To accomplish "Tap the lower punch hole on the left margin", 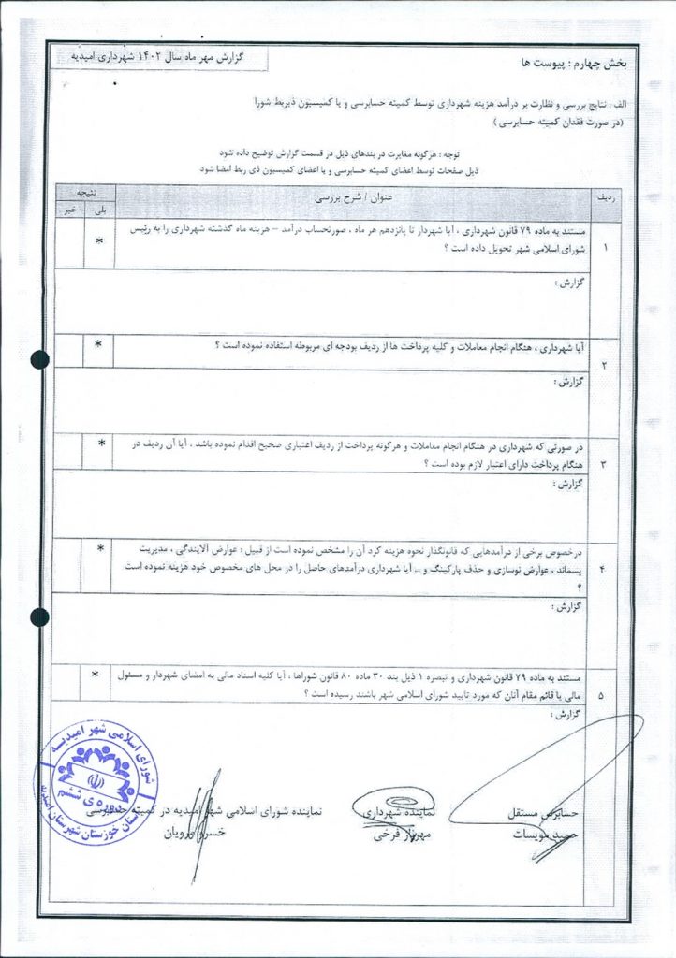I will pos(39,617).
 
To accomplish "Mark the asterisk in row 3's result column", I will pos(101,443).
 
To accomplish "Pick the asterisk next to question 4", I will pos(100,548).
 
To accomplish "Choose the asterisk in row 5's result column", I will pos(95,674).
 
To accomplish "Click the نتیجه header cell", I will pos(84,190).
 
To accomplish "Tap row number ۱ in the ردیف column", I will pos(604,248).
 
